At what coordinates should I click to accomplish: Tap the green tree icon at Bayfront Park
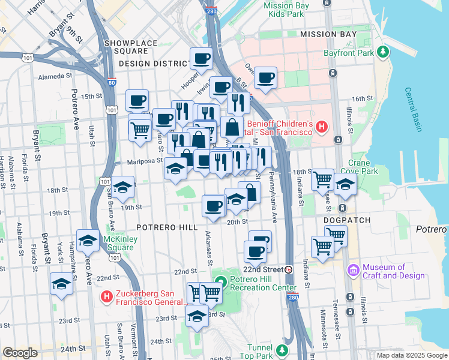point(382,53)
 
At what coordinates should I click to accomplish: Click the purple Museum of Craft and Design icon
point(353,271)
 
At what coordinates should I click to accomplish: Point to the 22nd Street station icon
point(289,269)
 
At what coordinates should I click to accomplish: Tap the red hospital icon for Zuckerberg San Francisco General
point(107,296)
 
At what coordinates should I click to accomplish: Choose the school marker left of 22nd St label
point(62,283)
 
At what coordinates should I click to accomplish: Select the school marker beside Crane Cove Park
point(345,185)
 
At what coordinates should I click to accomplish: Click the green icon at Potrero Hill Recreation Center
point(220,281)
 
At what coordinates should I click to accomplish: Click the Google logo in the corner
point(20,353)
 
